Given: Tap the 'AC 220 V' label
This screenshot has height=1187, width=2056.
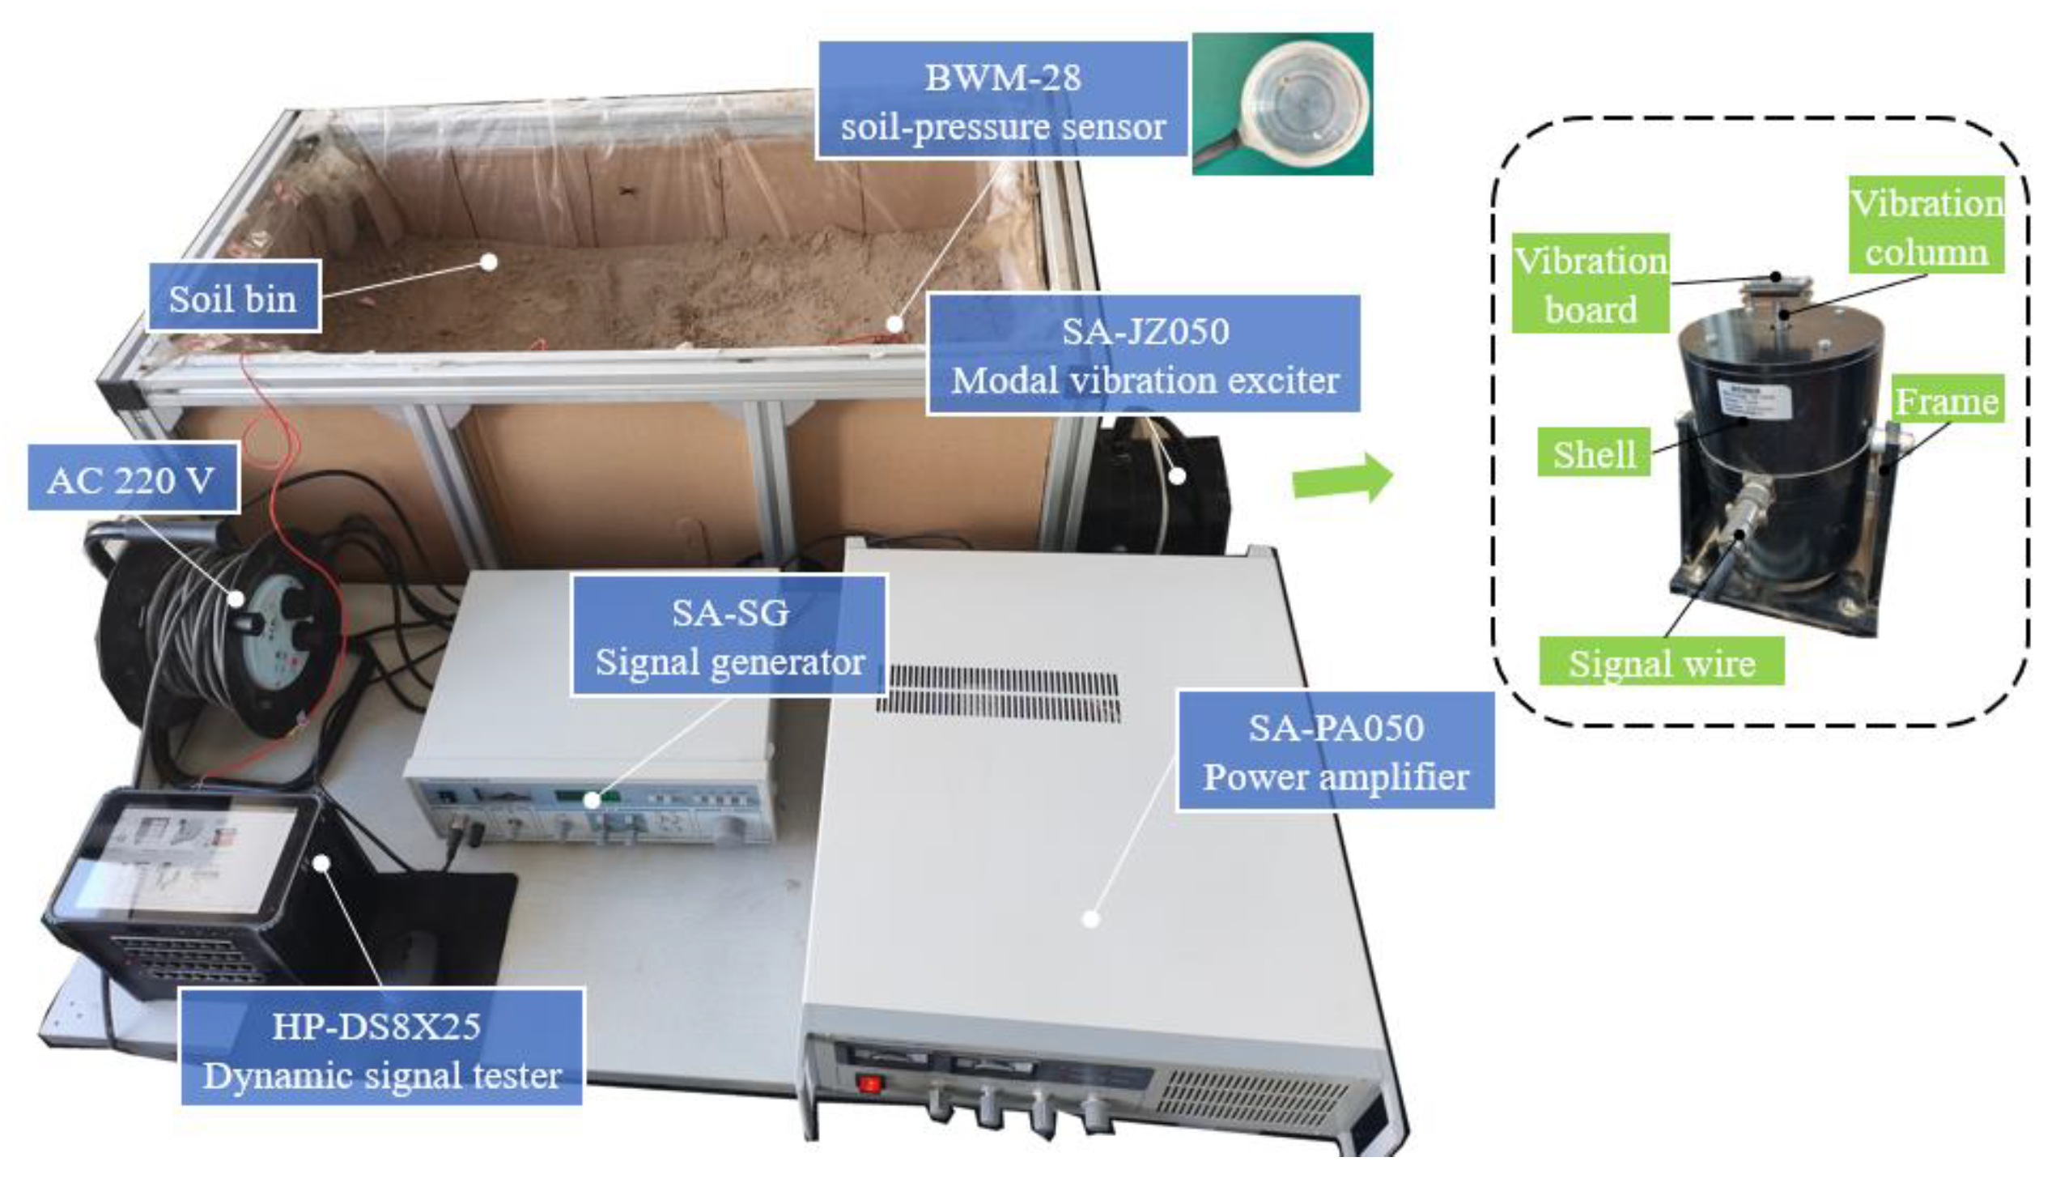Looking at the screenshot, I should tap(133, 479).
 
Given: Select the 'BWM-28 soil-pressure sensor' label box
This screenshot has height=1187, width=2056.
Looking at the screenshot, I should tap(1002, 101).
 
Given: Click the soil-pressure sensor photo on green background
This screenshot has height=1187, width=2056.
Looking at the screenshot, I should tap(1282, 104).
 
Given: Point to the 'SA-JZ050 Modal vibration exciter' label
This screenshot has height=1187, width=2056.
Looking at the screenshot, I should tap(1143, 355).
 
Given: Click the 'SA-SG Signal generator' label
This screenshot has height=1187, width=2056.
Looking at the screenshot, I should tap(729, 636).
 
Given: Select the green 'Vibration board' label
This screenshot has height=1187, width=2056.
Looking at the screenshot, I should tap(1590, 283).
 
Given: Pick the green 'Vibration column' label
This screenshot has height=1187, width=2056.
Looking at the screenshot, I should tap(1926, 226).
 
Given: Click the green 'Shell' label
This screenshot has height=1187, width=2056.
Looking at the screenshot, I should tap(1593, 453).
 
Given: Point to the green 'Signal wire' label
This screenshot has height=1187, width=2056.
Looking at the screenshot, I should tap(1661, 662).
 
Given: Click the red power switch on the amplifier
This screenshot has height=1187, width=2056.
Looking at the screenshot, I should tap(869, 1084).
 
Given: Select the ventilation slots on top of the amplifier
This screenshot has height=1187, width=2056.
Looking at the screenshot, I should tap(998, 693).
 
